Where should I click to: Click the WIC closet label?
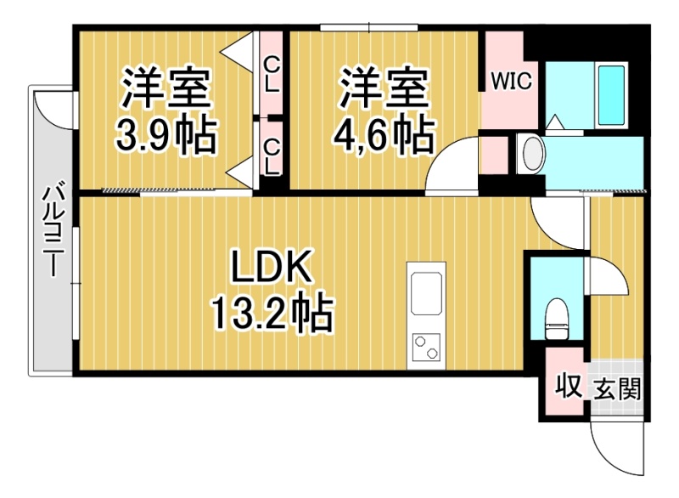point(511,81)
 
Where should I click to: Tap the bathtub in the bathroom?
point(611,94)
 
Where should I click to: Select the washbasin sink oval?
point(533,153)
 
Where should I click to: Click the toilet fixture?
point(557,319)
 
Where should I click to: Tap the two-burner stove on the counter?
point(426,347)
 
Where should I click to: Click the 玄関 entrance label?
point(617,388)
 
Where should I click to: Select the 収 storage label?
point(569,385)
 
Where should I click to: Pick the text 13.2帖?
point(272,314)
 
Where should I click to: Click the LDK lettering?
point(272,266)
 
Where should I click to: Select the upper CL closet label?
point(271,75)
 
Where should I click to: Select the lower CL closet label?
point(272,157)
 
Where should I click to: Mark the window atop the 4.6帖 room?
point(369,28)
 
